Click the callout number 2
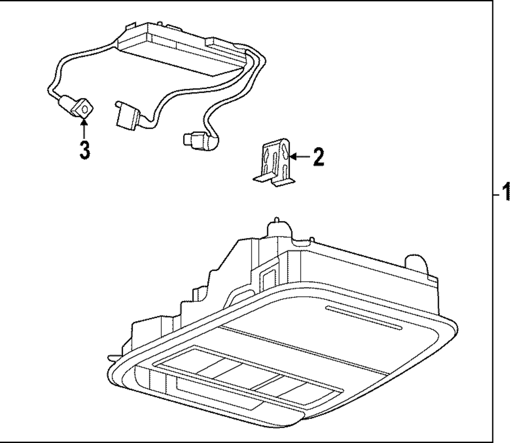(318, 156)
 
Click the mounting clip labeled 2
(275, 159)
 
